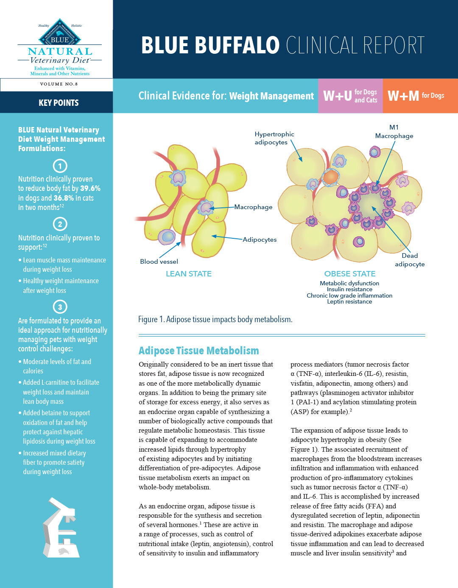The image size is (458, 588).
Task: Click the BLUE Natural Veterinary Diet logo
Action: pos(60,47)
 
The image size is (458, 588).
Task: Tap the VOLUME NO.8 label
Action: pos(59,84)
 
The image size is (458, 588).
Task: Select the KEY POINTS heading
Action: pos(59,103)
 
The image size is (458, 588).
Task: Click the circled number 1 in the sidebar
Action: pos(60,166)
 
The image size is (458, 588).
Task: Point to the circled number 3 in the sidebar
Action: pos(60,307)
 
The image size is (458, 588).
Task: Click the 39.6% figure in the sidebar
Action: pos(90,188)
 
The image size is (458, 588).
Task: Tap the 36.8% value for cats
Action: pos(63,198)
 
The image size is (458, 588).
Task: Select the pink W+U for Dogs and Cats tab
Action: pos(350,96)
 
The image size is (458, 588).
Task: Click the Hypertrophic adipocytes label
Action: pos(274,138)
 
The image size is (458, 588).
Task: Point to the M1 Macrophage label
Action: pos(394,132)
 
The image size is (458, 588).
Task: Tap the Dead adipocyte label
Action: pos(410,260)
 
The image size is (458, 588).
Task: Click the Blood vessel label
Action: pos(159,262)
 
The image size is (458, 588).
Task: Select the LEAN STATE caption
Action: pos(189,274)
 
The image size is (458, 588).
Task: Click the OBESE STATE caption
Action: pos(350,274)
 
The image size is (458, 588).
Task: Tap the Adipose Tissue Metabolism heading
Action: pos(198,351)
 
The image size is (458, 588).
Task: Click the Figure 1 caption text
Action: pos(215,319)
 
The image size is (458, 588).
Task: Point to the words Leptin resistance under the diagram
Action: pos(349,302)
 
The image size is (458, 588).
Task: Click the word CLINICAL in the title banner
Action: pos(322,46)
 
